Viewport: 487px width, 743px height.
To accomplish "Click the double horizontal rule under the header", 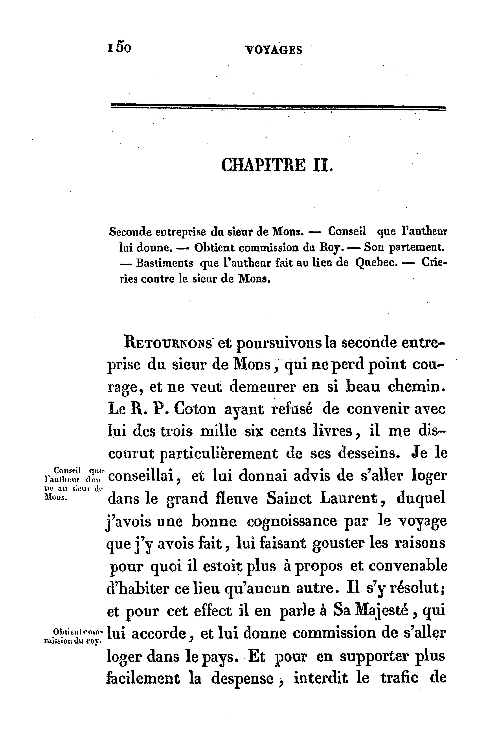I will point(278,107).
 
